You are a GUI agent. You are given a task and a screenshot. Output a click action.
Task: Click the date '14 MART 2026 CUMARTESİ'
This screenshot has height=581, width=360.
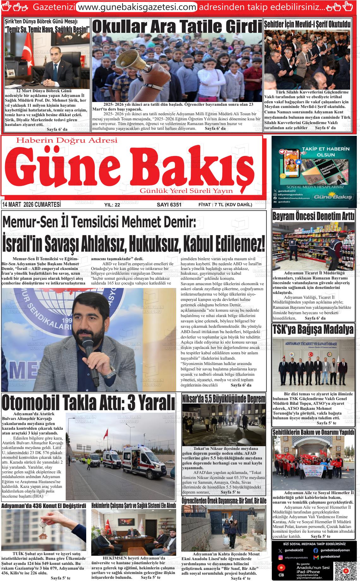(x=31, y=205)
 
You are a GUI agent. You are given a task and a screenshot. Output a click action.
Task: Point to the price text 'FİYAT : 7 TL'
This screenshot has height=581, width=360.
(x=211, y=205)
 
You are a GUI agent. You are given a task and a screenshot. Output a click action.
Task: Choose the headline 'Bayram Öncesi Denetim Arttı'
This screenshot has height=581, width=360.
(x=313, y=217)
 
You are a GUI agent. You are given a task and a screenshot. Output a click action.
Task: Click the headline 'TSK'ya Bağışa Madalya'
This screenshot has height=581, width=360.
(x=313, y=329)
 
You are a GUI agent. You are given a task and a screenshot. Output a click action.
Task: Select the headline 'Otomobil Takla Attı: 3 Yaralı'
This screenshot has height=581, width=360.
(x=88, y=402)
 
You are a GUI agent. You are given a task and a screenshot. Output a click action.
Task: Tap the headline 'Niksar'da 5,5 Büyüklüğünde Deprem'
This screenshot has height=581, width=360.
(x=224, y=398)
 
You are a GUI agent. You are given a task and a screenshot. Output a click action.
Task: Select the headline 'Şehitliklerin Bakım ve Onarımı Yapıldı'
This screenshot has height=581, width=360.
(x=313, y=432)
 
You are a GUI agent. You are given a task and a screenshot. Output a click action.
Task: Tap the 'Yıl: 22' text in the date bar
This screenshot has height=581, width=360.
(x=112, y=205)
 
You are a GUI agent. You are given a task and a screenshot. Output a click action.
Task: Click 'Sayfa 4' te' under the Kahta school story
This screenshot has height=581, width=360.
(x=241, y=578)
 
